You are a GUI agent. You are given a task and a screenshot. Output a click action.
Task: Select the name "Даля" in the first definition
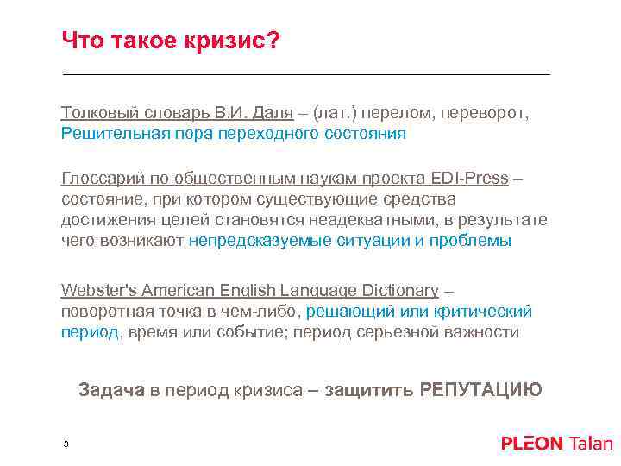pyautogui.click(x=273, y=113)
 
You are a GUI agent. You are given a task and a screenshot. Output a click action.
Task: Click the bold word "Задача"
pyautogui.click(x=111, y=389)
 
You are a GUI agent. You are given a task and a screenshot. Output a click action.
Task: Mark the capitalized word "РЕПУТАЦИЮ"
pyautogui.click(x=480, y=389)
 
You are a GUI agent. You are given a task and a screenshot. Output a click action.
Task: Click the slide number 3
pyautogui.click(x=66, y=444)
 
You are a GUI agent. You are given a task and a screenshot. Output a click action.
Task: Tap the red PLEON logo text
pyautogui.click(x=531, y=444)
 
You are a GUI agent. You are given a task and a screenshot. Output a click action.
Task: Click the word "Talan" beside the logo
pyautogui.click(x=590, y=444)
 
